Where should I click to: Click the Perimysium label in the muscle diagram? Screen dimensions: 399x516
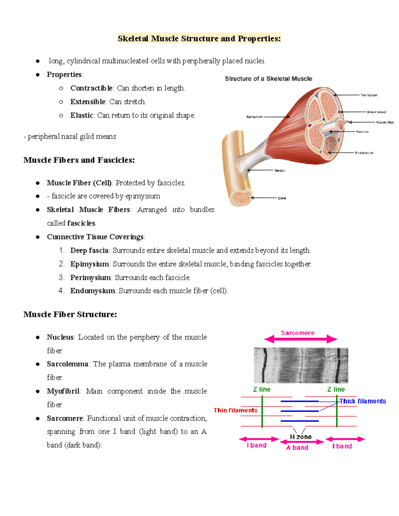(369, 95)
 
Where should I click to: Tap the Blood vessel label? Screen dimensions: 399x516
(376, 112)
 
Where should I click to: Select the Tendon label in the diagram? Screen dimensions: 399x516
(279, 170)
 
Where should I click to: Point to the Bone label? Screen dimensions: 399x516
(282, 198)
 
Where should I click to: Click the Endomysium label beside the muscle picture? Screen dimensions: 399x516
(364, 153)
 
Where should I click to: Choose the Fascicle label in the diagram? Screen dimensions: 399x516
(362, 132)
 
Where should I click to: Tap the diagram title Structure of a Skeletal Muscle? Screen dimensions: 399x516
(268, 79)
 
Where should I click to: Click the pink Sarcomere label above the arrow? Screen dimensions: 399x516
(297, 333)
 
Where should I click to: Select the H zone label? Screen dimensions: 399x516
(301, 437)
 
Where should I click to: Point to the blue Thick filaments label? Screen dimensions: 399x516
(362, 401)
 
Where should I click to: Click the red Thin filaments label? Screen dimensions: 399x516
(235, 410)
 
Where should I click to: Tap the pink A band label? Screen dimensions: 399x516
(297, 448)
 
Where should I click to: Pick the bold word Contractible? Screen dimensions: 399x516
(91, 88)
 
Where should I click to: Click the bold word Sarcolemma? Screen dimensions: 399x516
(67, 364)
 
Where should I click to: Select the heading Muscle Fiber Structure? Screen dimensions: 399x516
(70, 314)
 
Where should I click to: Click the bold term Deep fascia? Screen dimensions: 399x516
(89, 250)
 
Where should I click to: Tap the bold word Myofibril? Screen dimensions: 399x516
(63, 391)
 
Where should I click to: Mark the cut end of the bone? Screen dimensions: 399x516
(240, 198)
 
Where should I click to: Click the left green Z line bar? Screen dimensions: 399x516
(262, 411)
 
